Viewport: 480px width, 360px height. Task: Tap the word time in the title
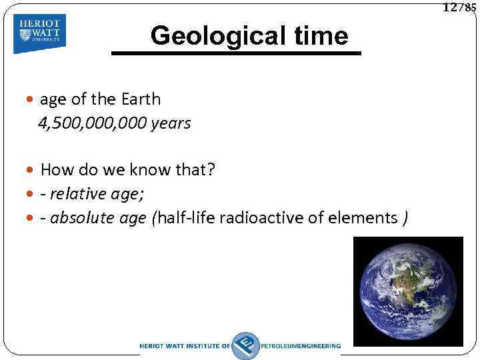318,35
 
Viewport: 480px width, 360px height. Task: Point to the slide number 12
450,7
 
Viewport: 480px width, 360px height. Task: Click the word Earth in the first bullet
141,99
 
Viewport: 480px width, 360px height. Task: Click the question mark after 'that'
211,170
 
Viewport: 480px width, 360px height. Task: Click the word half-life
185,217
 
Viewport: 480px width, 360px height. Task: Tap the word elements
366,217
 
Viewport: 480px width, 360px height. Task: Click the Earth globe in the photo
407,292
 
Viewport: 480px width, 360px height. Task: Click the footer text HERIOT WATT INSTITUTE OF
185,346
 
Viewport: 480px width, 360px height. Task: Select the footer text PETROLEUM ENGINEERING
301,346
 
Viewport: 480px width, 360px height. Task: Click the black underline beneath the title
235,53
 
